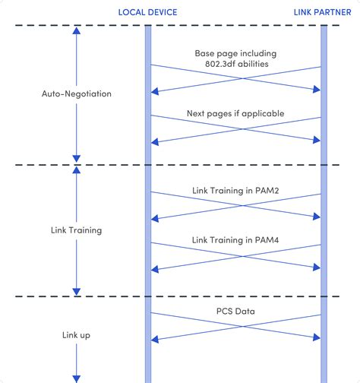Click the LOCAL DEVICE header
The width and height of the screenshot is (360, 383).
(148, 12)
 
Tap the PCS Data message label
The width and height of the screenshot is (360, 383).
(235, 311)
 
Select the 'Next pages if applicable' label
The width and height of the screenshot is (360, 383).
(235, 114)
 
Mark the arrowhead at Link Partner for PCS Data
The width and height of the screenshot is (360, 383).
(317, 336)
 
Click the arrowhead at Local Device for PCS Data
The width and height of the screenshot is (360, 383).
(155, 336)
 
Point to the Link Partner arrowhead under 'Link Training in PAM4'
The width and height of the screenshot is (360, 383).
(317, 267)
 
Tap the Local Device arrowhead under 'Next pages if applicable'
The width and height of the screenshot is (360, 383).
(155, 141)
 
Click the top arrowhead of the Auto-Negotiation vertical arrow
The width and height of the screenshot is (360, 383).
(77, 33)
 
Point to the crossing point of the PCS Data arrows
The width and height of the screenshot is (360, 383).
(236, 324)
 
